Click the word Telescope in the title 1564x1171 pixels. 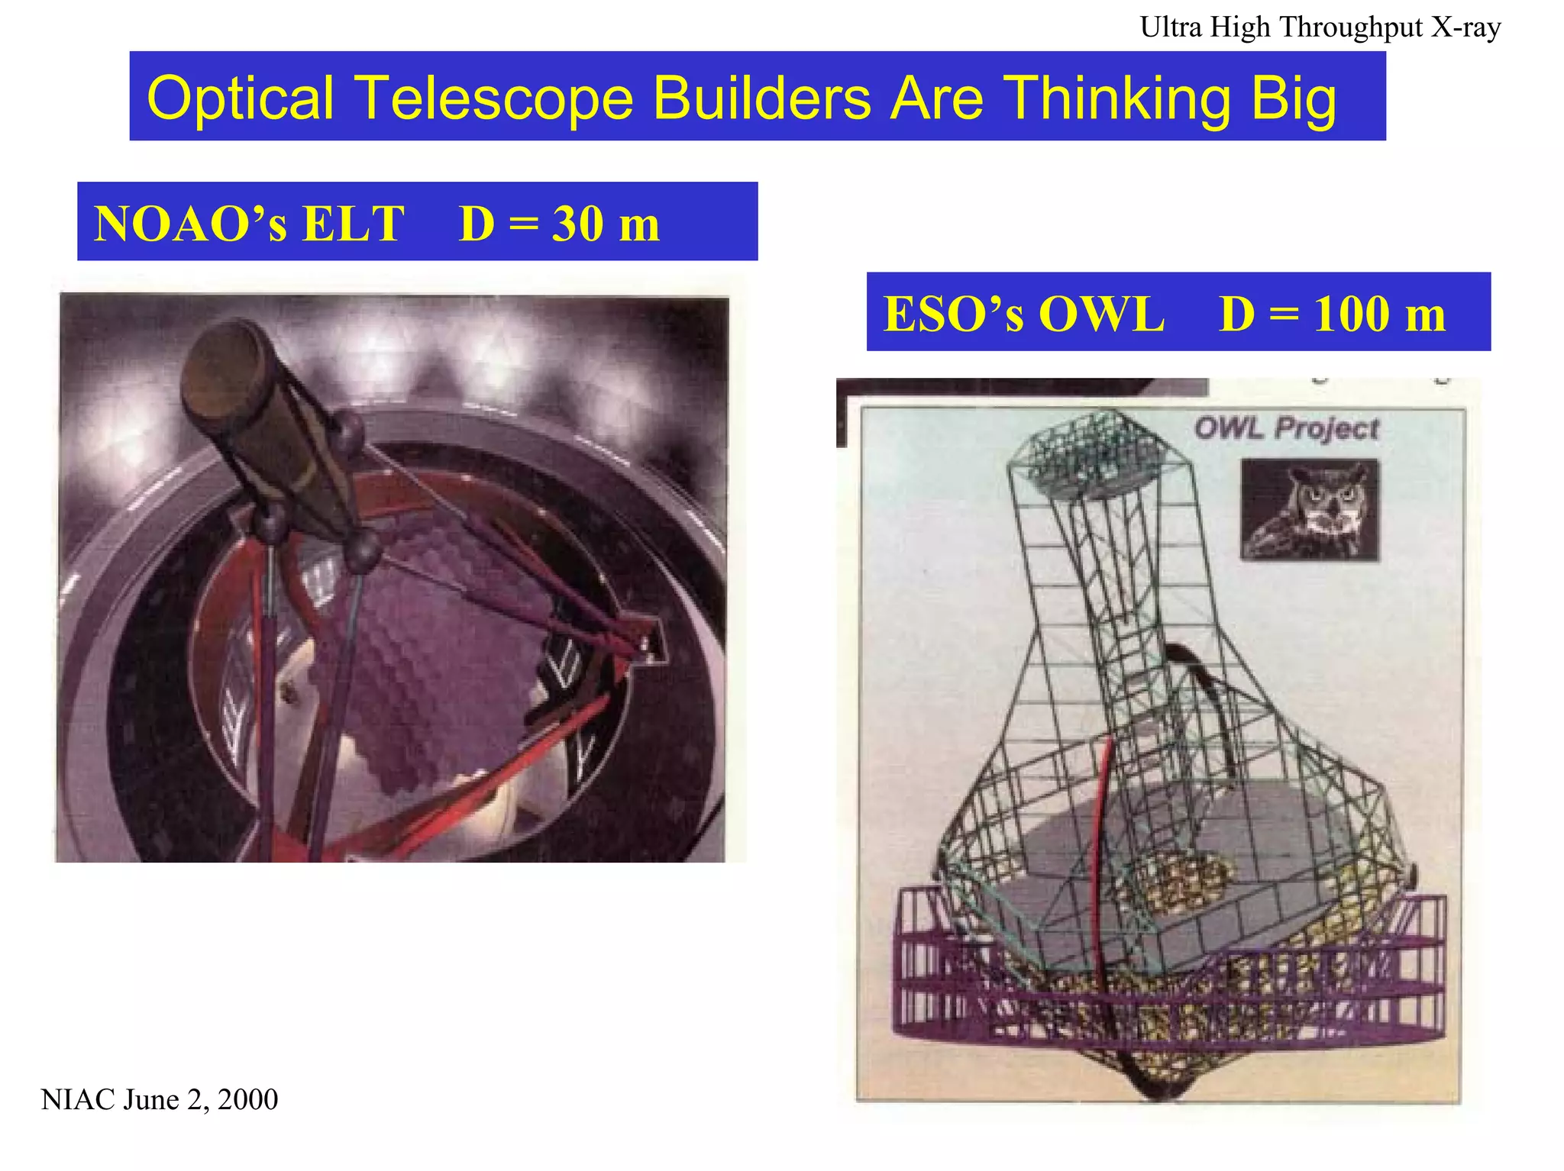[x=495, y=98]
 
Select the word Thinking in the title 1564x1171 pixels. [x=1116, y=98]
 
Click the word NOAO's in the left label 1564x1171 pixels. [x=190, y=224]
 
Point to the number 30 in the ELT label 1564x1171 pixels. [x=578, y=224]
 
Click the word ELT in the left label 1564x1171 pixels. [x=353, y=224]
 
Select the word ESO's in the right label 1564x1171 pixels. [x=953, y=313]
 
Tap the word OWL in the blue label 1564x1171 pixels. [x=1101, y=313]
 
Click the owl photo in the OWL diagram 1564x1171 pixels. [x=1309, y=509]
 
